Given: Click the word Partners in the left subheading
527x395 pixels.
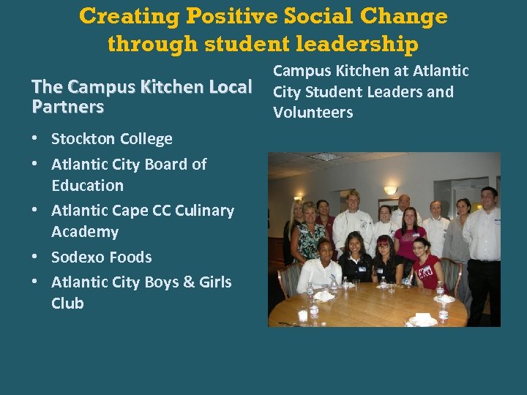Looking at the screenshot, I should (67, 107).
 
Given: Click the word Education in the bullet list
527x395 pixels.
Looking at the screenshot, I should (87, 186).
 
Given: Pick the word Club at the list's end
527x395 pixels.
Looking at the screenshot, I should (67, 303).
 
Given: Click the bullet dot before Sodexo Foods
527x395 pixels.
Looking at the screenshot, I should (37, 257).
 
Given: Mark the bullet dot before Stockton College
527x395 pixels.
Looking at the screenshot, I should (37, 139).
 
